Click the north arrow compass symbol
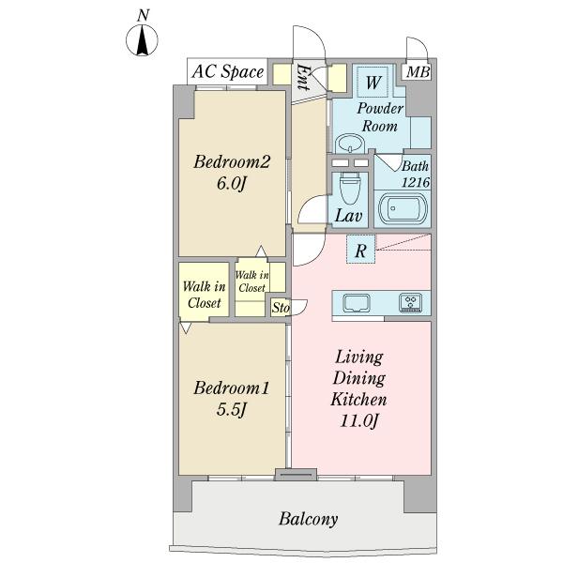143,39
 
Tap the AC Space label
228,71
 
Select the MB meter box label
418,72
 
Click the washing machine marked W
373,82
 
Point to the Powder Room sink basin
350,144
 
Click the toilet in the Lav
349,188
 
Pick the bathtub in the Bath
403,208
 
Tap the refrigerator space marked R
361,250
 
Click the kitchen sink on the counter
356,303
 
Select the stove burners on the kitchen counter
410,302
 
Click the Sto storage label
281,308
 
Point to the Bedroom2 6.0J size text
231,184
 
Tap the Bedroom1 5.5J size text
231,409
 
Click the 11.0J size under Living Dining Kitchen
359,420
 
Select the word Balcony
309,519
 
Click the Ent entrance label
302,77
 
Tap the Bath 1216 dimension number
416,182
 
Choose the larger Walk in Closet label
204,295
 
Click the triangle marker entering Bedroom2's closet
261,251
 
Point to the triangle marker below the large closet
185,327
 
